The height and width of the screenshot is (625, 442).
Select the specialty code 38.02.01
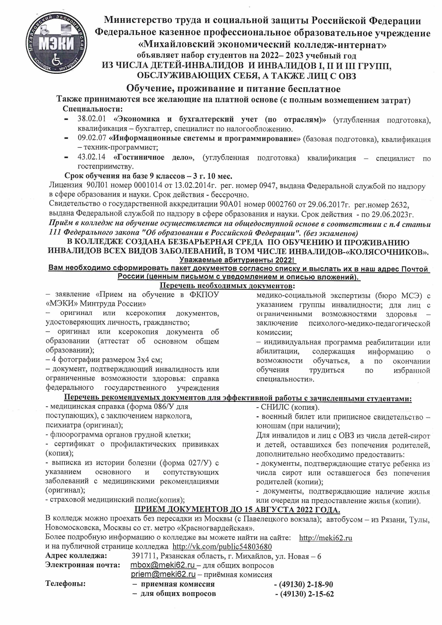tap(92, 119)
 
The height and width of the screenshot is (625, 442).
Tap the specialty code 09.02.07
tap(92, 139)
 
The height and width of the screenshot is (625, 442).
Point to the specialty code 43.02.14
tap(92, 157)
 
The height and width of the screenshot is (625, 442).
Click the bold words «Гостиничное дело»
tap(154, 157)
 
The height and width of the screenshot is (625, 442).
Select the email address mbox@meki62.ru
tap(163, 565)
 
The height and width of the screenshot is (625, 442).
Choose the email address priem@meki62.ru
tap(163, 574)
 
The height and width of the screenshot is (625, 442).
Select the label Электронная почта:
tap(83, 565)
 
